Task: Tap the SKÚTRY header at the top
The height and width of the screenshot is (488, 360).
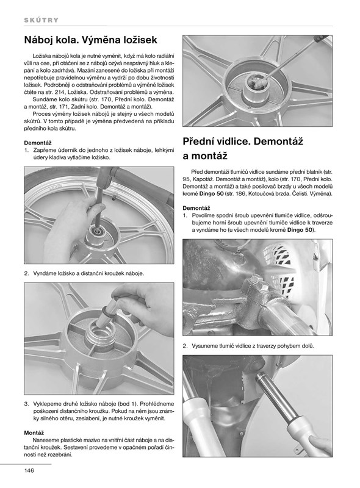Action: click(41, 20)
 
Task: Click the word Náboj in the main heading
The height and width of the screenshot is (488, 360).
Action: click(36, 40)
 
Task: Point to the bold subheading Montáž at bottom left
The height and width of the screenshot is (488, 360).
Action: click(34, 433)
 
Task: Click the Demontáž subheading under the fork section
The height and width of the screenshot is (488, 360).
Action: click(196, 208)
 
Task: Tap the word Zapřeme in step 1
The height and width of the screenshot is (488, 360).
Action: click(45, 150)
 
